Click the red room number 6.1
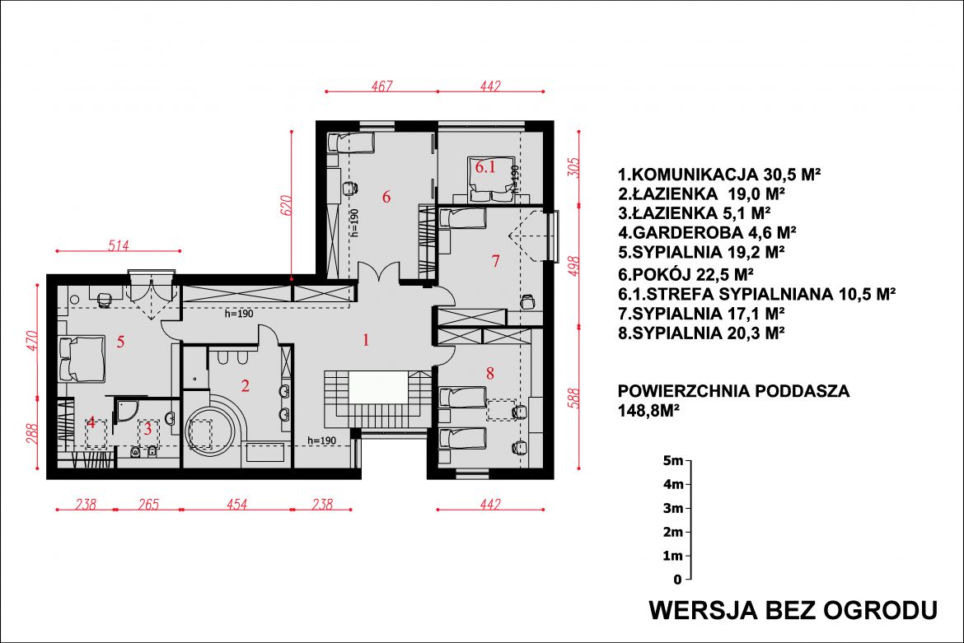click(x=485, y=166)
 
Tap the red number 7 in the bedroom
click(x=495, y=261)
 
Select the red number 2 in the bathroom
click(x=246, y=385)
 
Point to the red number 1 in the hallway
click(x=366, y=340)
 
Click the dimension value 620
click(x=286, y=205)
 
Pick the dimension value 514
click(x=118, y=245)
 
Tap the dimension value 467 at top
click(x=381, y=86)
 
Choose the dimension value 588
click(x=573, y=398)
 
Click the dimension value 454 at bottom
click(x=236, y=504)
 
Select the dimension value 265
click(x=148, y=504)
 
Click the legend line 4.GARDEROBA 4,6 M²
click(x=707, y=233)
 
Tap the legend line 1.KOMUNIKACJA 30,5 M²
click(x=719, y=175)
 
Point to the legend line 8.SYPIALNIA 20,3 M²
click(x=701, y=333)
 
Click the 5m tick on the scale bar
click(x=689, y=460)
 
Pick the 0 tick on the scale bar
click(x=689, y=579)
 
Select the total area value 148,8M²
click(x=648, y=411)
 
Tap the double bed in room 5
click(x=82, y=359)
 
